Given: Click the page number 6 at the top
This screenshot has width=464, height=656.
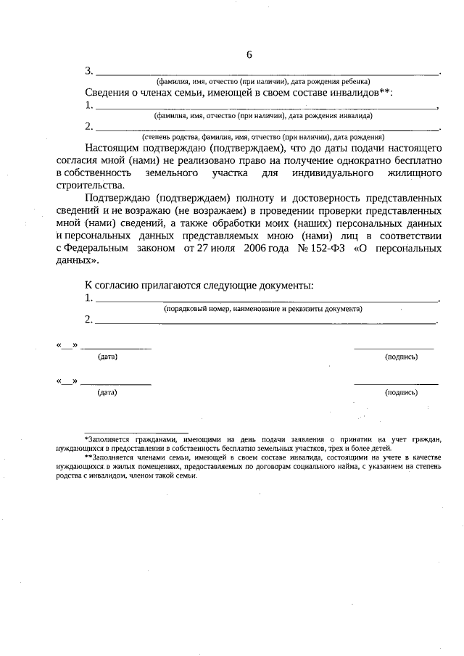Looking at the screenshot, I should pyautogui.click(x=249, y=55).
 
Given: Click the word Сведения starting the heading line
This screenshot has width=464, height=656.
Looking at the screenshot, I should pyautogui.click(x=107, y=93).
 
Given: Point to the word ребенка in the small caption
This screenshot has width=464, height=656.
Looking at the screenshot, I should pyautogui.click(x=358, y=82).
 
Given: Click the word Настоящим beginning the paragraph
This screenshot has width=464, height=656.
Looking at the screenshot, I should pyautogui.click(x=113, y=149).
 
